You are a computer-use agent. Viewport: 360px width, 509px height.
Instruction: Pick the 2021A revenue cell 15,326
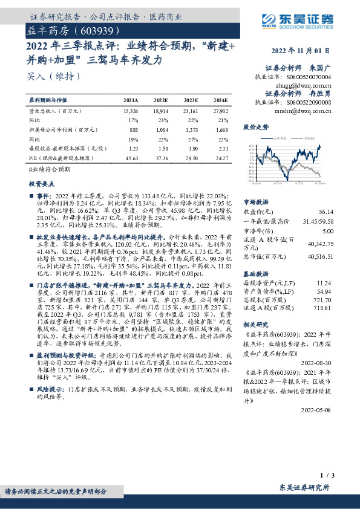tap(130, 112)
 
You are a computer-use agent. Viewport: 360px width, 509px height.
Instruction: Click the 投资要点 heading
tap(41, 183)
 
